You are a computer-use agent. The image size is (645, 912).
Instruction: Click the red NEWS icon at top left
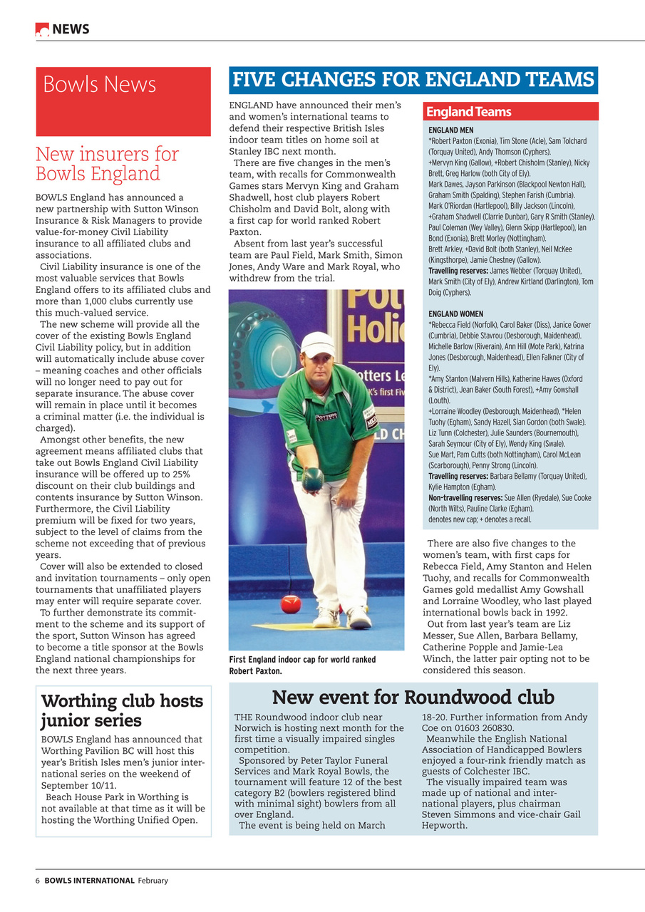pos(42,29)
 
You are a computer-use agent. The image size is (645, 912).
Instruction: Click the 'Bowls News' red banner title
pos(99,84)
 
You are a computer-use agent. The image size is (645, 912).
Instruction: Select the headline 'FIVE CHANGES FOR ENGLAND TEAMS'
pos(413,79)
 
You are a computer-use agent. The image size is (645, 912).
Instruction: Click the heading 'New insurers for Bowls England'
pos(107,164)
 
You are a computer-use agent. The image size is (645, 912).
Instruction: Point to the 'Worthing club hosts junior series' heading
pos(122,710)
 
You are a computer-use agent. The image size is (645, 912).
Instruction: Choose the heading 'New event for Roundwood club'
pos(413,697)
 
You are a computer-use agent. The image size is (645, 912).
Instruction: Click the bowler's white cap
pos(316,344)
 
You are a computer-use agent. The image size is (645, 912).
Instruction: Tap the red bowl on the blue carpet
pos(290,603)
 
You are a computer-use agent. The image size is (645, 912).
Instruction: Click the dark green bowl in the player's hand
pos(312,479)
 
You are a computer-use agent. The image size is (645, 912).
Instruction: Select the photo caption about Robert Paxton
pos(302,665)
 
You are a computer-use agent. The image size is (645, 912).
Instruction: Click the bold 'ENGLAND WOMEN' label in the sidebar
pos(455,314)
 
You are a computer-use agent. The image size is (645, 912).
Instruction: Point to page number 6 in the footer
pos(38,881)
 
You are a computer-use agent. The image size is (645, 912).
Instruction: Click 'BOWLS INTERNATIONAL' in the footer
pos(89,881)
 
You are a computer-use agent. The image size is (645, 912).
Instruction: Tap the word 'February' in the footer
pos(153,881)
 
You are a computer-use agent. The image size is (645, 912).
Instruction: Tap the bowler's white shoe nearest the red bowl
pos(325,616)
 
